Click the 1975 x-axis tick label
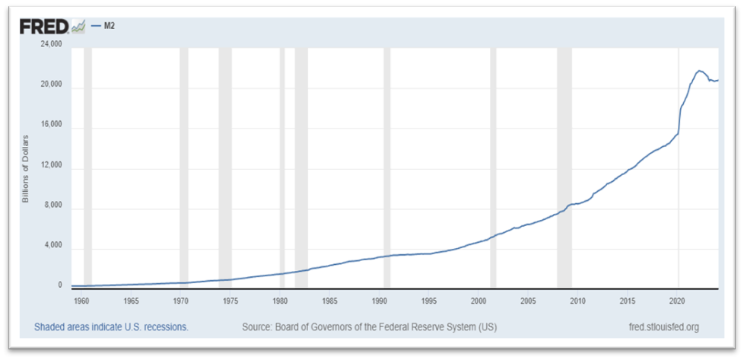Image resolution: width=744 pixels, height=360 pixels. (231, 301)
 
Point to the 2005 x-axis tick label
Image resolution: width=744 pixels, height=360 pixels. (529, 301)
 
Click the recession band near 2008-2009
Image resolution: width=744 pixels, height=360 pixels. (564, 167)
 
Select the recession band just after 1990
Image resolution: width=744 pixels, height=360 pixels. (386, 167)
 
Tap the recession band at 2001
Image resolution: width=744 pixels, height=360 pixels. (493, 167)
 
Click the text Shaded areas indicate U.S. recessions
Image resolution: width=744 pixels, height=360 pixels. (111, 327)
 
